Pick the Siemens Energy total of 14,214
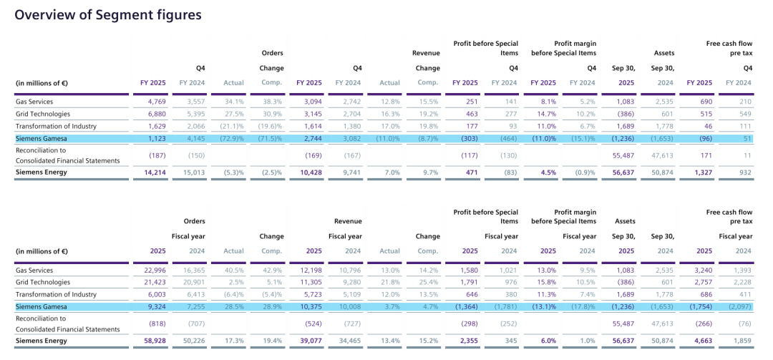coord(154,172)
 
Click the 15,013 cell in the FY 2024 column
coord(192,172)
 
